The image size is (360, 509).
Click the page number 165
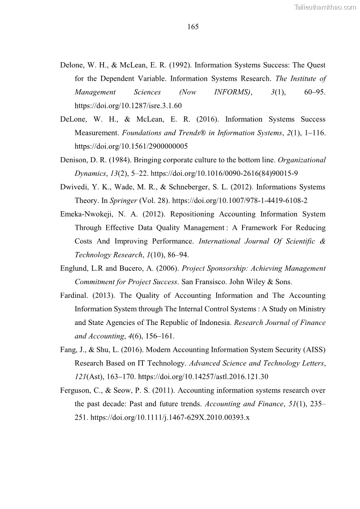coord(193,27)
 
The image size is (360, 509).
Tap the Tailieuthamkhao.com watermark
coord(325,7)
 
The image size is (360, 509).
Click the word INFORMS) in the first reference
coord(233,92)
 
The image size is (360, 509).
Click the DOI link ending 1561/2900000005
coord(131,146)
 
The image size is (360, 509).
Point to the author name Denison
coord(73,160)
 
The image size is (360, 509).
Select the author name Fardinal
coord(74,296)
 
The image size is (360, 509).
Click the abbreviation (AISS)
coord(313,349)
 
